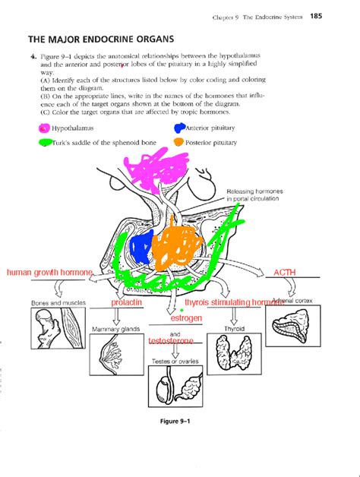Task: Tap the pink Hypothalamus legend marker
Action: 45,128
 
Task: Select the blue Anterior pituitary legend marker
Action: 182,128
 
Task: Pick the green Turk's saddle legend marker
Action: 45,142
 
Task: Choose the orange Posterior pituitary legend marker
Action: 179,142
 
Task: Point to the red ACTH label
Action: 286,271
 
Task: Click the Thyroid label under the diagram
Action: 233,329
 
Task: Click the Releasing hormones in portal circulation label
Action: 252,194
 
